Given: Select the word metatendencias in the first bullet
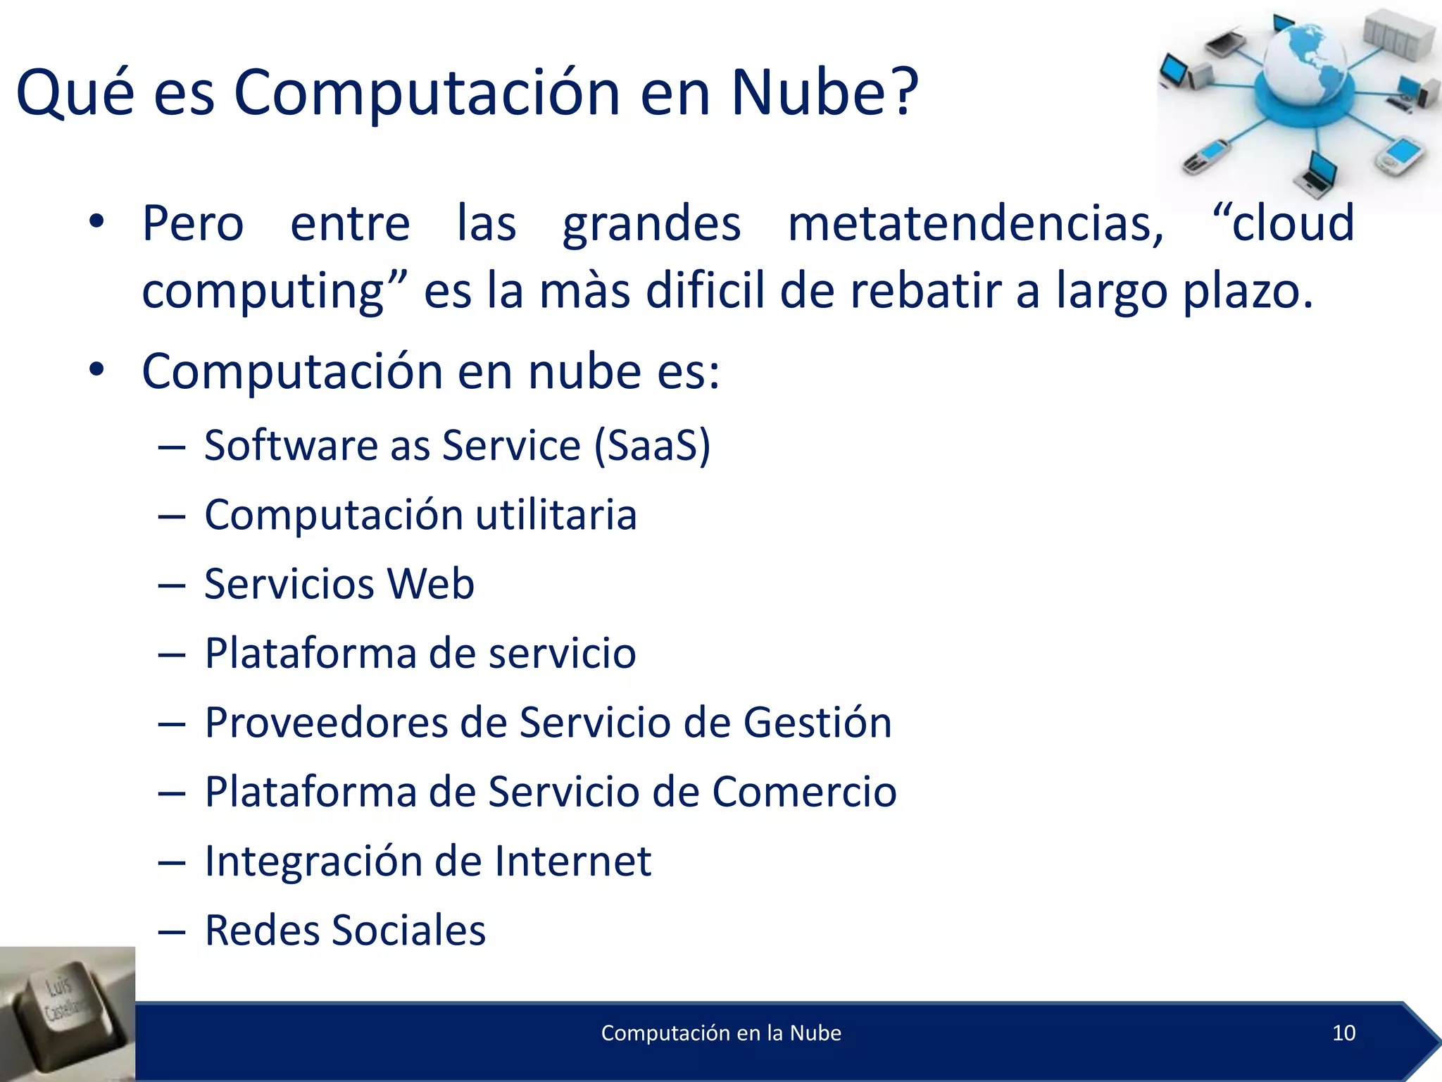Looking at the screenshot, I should tap(975, 224).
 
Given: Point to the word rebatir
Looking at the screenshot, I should tap(924, 291).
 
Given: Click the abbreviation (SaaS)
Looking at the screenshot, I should tap(652, 446).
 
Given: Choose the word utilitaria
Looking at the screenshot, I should tap(556, 514).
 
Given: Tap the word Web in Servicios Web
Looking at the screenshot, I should tap(431, 584).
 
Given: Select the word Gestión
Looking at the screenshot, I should tap(817, 723).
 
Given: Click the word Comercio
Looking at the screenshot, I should tap(804, 792).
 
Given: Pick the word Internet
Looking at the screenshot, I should tap(572, 861).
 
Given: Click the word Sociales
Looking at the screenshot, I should tap(408, 930).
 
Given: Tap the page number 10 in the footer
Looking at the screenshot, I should tap(1343, 1033).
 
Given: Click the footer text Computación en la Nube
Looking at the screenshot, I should tap(721, 1033).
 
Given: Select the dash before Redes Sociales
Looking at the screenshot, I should tap(172, 931).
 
